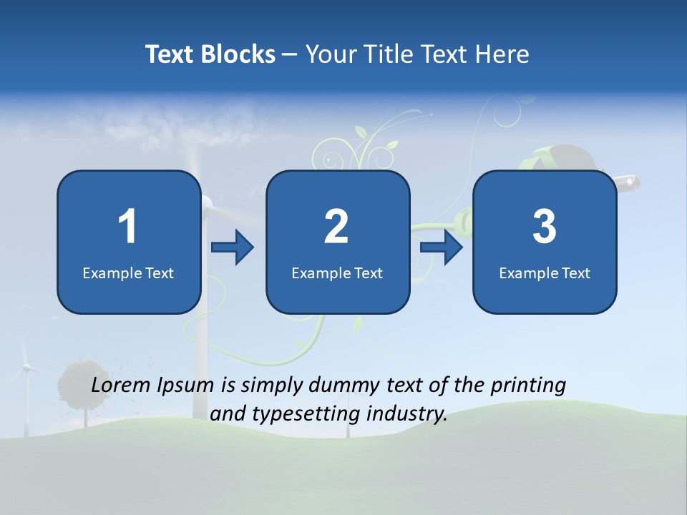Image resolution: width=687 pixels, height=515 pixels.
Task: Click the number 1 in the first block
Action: click(127, 227)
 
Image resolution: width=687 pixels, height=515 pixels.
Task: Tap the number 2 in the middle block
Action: click(336, 227)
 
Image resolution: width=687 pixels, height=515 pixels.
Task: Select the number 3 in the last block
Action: click(545, 227)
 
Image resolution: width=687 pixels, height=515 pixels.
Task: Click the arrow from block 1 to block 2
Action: click(233, 247)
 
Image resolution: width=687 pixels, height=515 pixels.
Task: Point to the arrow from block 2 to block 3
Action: click(442, 247)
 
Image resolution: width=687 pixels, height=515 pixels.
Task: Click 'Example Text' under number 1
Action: click(128, 273)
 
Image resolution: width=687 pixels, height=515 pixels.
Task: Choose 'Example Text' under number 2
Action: click(337, 273)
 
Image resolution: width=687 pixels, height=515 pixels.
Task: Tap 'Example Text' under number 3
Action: click(545, 273)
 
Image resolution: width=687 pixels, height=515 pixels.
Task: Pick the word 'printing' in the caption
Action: click(528, 386)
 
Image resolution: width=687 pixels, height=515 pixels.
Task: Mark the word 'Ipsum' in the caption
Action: click(186, 386)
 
